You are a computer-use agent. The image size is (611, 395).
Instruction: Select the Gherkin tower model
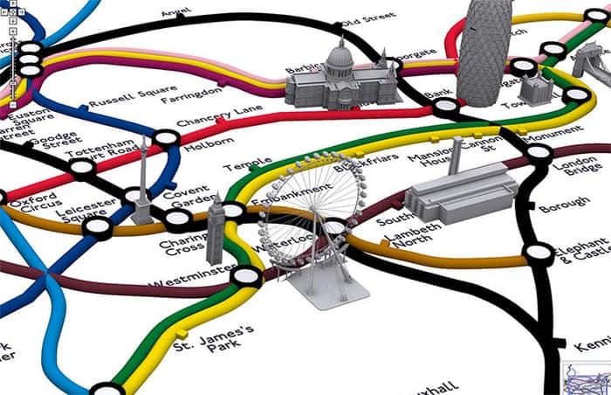click(x=478, y=44)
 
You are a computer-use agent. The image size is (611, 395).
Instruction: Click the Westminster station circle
click(x=245, y=277)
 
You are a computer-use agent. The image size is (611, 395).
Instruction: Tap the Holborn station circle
click(x=165, y=137)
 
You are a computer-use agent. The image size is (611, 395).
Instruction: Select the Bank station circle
click(x=445, y=107)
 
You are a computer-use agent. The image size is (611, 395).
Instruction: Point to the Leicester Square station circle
click(x=97, y=227)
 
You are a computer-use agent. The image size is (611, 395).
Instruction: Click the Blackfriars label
click(x=367, y=163)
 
